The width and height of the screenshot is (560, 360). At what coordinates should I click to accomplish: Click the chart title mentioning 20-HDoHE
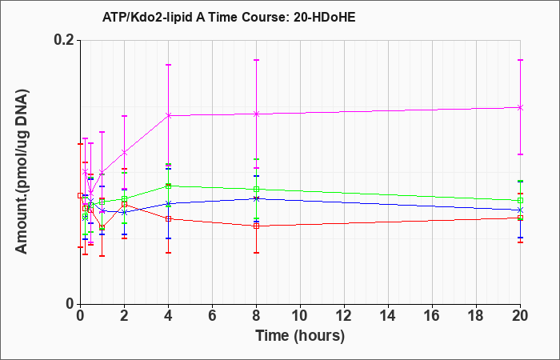[229, 17]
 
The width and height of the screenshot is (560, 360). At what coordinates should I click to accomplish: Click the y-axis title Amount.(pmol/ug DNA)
[22, 172]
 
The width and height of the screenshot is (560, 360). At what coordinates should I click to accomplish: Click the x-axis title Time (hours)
[300, 336]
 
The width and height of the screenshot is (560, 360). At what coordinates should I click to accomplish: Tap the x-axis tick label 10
[300, 316]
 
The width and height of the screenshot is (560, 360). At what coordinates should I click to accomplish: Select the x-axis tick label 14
[388, 316]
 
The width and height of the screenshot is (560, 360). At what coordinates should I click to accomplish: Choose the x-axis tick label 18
[476, 316]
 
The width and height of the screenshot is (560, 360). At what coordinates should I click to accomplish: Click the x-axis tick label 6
[212, 316]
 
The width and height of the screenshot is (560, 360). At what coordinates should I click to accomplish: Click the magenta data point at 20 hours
[520, 107]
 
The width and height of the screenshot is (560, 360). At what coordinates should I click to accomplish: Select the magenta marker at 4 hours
[168, 115]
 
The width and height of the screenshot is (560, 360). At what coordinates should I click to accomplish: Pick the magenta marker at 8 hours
[256, 114]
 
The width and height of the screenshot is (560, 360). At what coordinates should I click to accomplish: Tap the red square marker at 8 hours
[256, 226]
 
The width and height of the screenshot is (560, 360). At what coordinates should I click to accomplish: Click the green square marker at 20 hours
[520, 200]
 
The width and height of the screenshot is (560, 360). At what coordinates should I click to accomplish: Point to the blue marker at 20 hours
[520, 210]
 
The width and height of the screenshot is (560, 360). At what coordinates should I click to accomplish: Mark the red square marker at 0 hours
[80, 195]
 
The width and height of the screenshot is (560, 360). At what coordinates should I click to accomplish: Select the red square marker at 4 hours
[168, 218]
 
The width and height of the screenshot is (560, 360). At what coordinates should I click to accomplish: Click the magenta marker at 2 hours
[124, 153]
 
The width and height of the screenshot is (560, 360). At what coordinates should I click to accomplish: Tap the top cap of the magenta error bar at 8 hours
[256, 60]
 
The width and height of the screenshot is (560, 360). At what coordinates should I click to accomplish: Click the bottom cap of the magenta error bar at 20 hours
[520, 154]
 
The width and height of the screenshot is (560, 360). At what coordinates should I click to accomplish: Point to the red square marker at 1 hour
[102, 227]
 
